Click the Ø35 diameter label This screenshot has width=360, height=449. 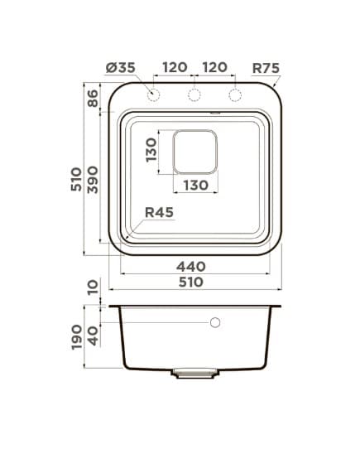click(120, 68)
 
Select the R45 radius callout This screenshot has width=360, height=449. click(158, 213)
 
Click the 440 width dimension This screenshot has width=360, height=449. click(191, 266)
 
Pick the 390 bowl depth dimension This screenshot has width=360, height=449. click(93, 180)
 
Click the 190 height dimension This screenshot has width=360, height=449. click(77, 337)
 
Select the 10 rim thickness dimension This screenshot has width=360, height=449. click(93, 287)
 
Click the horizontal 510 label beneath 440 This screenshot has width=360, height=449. click(191, 282)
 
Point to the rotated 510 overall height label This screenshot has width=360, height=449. click(77, 180)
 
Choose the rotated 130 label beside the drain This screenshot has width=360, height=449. click(151, 152)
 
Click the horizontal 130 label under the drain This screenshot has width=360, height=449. click(195, 185)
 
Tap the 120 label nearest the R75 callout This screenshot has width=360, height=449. click(214, 68)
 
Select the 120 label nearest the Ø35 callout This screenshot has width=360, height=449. click(173, 68)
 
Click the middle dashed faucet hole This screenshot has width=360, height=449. click(194, 96)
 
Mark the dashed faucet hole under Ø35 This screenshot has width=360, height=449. click(153, 96)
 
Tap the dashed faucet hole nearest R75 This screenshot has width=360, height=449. click(235, 96)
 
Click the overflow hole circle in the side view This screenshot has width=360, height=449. click(215, 322)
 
